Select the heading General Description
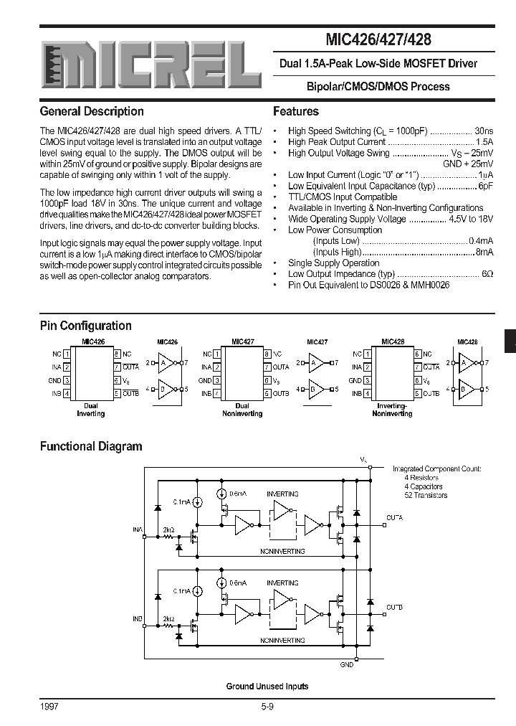pos(92,112)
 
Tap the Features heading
pos(296,112)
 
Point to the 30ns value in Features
pos(484,131)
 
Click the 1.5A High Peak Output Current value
pos(484,142)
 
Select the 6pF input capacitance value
pos(486,186)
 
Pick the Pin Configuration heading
pos(86,326)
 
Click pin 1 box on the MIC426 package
pos(67,354)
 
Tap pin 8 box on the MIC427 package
pos(266,354)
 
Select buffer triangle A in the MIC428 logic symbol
pos(464,363)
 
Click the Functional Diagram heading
pos(91,446)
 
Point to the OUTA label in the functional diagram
pos(394,517)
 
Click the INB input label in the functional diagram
pos(137,618)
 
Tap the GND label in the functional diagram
pos(347,665)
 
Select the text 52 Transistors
pos(426,495)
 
